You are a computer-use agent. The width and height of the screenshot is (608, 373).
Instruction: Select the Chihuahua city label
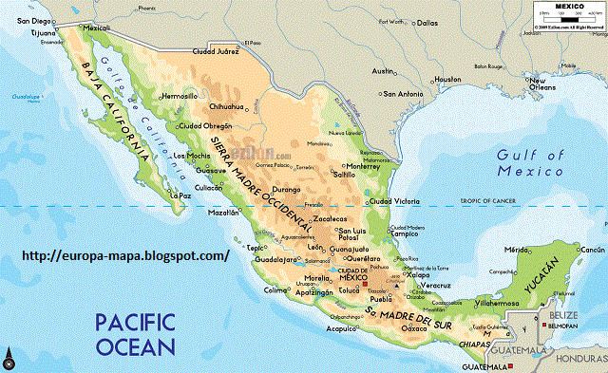click(227, 107)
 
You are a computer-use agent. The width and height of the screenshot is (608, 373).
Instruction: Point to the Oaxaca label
click(414, 327)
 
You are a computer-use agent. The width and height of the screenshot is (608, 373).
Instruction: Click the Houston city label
click(447, 80)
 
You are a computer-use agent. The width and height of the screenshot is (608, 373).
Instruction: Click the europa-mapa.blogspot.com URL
click(124, 256)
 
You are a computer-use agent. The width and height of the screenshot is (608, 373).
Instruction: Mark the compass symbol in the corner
click(9, 359)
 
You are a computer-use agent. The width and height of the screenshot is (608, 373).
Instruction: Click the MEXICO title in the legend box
click(567, 6)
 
